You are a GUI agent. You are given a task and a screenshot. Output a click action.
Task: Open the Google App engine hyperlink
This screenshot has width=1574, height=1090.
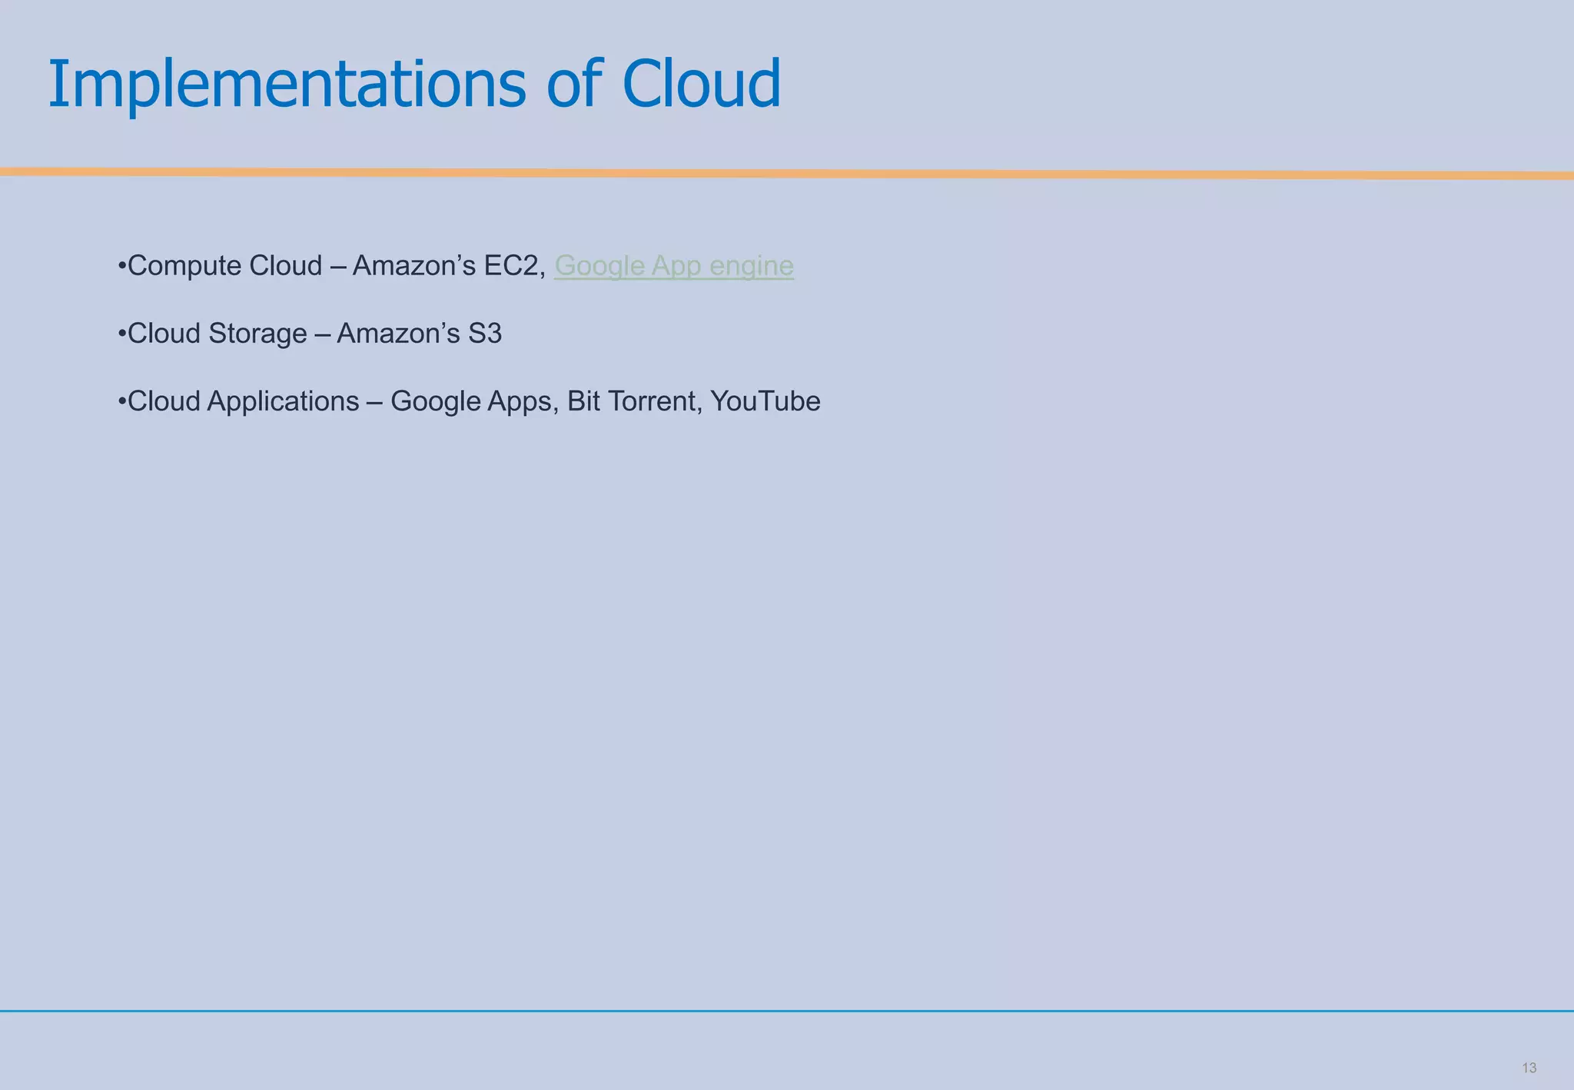coord(673,266)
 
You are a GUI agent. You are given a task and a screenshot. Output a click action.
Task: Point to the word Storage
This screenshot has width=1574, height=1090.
coord(257,334)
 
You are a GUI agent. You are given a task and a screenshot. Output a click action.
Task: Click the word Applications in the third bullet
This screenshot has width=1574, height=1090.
coord(283,401)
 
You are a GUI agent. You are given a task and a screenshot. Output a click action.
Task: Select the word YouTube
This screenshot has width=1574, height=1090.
coord(765,401)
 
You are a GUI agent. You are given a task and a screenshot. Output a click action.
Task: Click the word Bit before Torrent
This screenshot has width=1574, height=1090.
coord(583,401)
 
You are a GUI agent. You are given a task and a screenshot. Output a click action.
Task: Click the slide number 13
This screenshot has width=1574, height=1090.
coord(1529,1068)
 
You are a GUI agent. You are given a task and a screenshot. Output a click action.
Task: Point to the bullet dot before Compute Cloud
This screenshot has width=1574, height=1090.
coord(122,266)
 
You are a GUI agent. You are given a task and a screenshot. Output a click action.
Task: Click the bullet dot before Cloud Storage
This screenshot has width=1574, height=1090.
coord(122,334)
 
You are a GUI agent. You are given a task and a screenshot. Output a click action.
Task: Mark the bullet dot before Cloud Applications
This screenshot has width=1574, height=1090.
coord(122,401)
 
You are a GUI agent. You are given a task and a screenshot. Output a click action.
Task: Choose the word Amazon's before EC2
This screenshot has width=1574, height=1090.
coord(413,266)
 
